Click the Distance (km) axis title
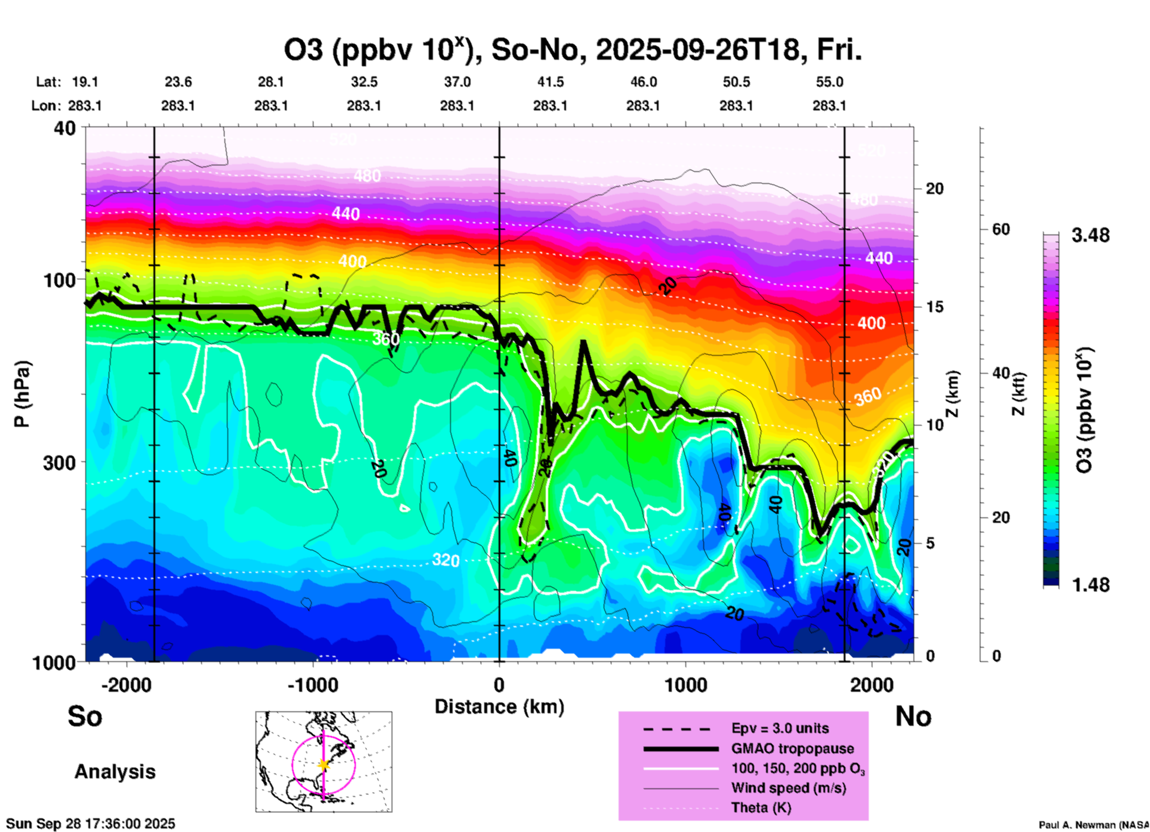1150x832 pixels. pyautogui.click(x=499, y=707)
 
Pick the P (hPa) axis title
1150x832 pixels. pyautogui.click(x=22, y=394)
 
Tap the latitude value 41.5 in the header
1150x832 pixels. pyautogui.click(x=550, y=82)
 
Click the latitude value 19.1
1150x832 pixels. pyautogui.click(x=85, y=82)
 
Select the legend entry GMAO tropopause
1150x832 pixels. pyautogui.click(x=792, y=748)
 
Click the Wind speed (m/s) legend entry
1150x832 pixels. pyautogui.click(x=788, y=788)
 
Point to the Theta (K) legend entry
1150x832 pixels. pyautogui.click(x=761, y=808)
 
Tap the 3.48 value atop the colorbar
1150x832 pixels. pyautogui.click(x=1090, y=235)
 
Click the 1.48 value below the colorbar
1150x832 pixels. pyautogui.click(x=1090, y=584)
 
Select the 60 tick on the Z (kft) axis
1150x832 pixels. pyautogui.click(x=1001, y=229)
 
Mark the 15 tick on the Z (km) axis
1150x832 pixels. pyautogui.click(x=934, y=307)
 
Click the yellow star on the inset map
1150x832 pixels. pyautogui.click(x=324, y=764)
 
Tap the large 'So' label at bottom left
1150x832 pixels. pyautogui.click(x=85, y=716)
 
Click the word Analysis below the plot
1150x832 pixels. pyautogui.click(x=115, y=771)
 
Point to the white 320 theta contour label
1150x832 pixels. pyautogui.click(x=445, y=560)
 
